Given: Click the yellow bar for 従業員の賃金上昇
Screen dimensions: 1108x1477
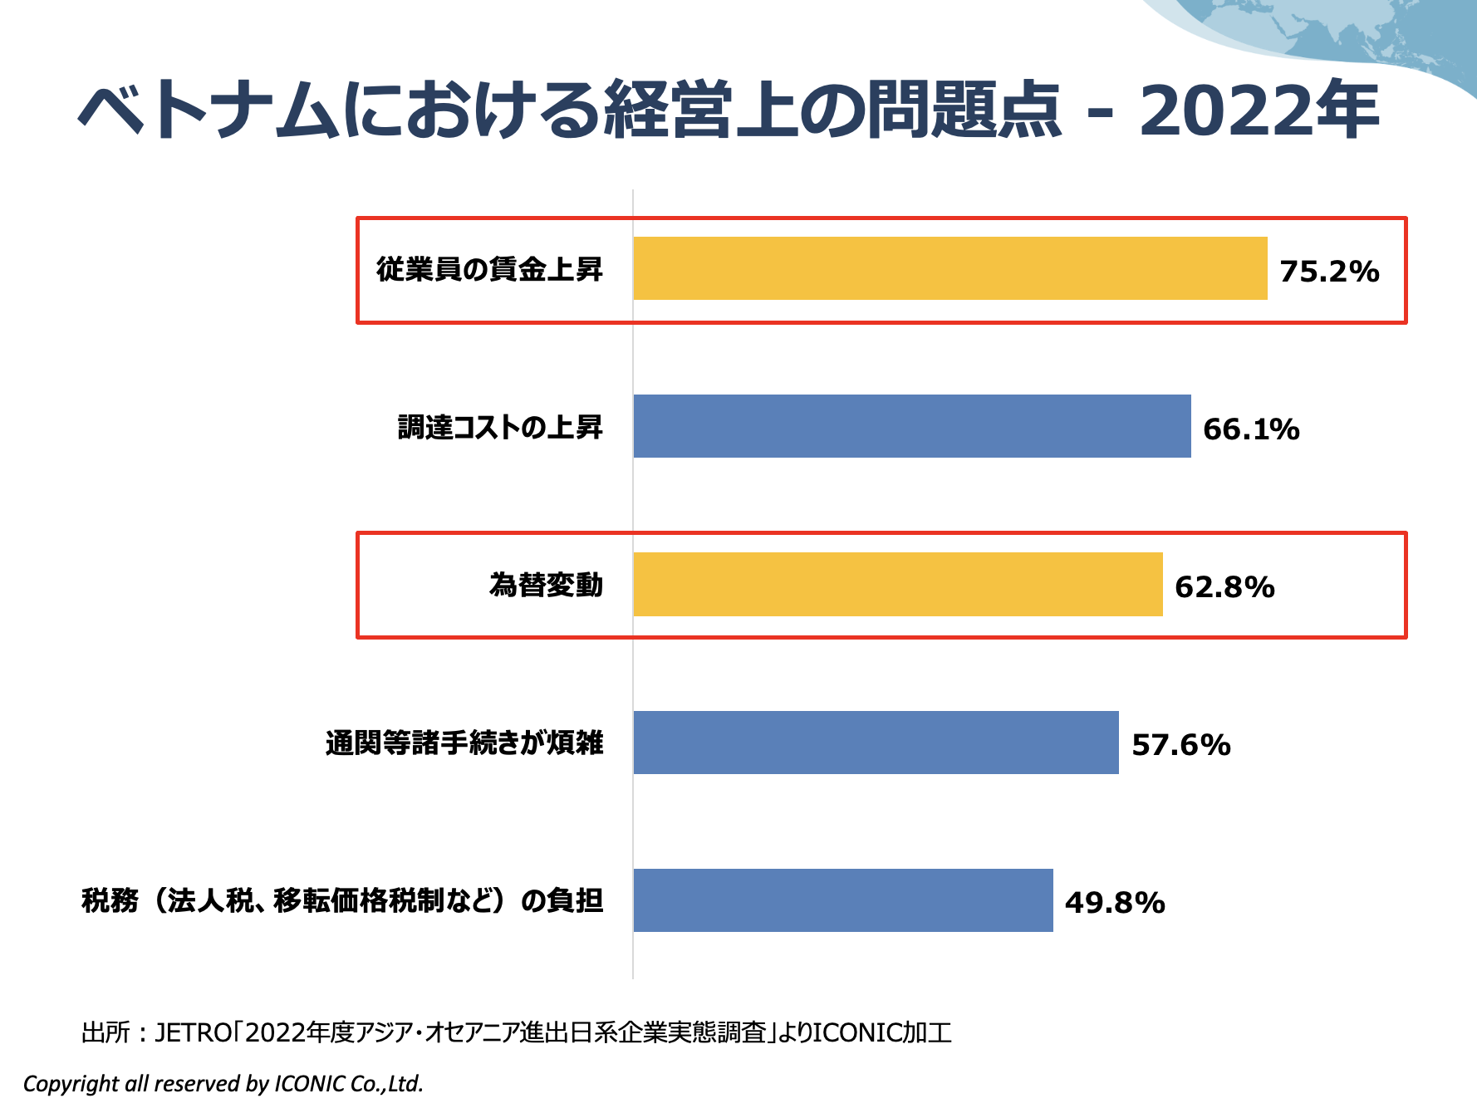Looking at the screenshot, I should [x=949, y=268].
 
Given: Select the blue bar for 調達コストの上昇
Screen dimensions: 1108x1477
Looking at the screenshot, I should [x=911, y=426].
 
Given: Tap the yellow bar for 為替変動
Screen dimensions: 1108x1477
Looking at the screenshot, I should [x=897, y=584].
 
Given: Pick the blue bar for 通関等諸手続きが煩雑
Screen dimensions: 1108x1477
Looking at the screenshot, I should [x=876, y=743].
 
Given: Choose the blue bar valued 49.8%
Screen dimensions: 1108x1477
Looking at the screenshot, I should [x=842, y=900].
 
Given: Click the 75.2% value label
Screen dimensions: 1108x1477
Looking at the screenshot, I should [x=1329, y=272].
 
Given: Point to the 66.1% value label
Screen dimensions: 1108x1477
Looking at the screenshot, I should [x=1251, y=429].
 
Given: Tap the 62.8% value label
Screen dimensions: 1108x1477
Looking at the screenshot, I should [x=1224, y=587].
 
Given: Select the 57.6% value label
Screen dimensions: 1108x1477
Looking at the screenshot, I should [x=1180, y=745].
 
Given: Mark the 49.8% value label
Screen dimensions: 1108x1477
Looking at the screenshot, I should [x=1115, y=903].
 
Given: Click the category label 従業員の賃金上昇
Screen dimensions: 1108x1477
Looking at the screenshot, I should [x=489, y=269].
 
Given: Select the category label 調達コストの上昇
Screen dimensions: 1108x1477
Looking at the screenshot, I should [x=500, y=427].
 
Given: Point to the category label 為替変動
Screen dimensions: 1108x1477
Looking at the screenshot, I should [x=546, y=585].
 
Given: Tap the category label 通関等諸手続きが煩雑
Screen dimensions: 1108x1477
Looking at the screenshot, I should [x=464, y=743].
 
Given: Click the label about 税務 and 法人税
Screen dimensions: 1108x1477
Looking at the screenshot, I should [x=342, y=900].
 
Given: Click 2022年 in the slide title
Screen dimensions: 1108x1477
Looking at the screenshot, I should [x=1259, y=110].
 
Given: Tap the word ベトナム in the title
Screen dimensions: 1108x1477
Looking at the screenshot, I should [x=208, y=110].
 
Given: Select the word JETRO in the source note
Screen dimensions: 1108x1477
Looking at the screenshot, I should [x=194, y=1032].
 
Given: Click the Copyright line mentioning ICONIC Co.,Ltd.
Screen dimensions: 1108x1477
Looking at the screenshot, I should [x=223, y=1084].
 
